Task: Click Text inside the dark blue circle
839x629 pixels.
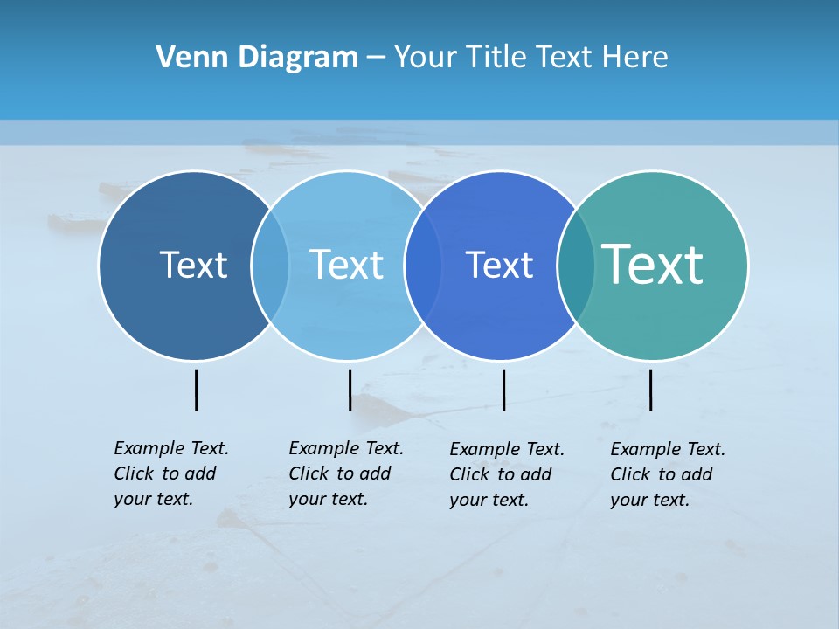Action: tap(193, 265)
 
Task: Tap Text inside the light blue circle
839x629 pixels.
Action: tap(346, 265)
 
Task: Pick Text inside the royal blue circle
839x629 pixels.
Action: tap(499, 265)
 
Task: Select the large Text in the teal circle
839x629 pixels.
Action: tap(653, 264)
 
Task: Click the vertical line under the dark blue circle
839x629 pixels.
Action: tap(196, 390)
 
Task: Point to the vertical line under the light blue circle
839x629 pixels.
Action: tap(350, 390)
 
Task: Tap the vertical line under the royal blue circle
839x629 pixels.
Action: tap(503, 390)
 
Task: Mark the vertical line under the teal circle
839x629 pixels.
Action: tap(650, 390)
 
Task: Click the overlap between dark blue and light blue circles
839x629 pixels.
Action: tap(270, 265)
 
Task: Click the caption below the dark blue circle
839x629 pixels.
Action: tap(171, 473)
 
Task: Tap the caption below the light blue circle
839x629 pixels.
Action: tap(346, 473)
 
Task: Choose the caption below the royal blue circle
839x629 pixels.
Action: tap(507, 474)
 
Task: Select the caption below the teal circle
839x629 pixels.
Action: tap(668, 474)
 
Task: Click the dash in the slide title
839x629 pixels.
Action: tap(376, 59)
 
